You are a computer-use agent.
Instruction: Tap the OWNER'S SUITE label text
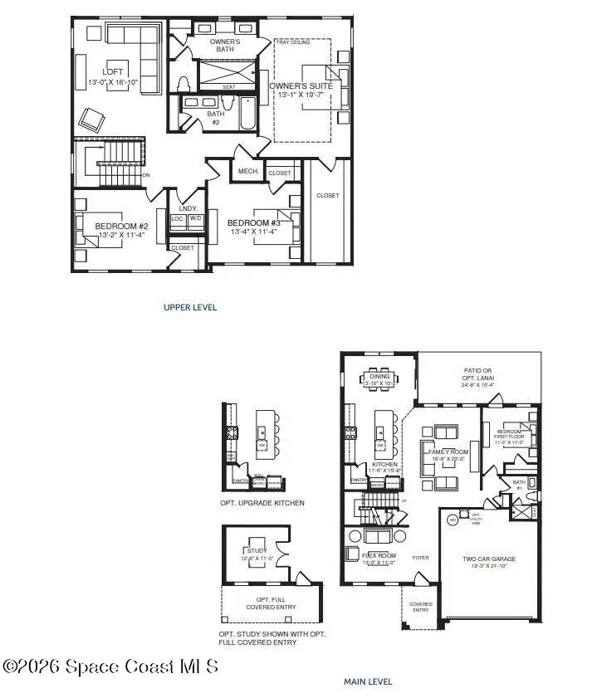coord(300,85)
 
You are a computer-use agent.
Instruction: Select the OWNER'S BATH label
coord(224,45)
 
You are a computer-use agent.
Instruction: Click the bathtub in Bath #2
coord(247,115)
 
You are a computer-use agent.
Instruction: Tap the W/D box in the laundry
coord(196,219)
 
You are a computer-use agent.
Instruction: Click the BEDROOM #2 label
coord(120,227)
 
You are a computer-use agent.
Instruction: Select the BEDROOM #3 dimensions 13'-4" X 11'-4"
coord(253,232)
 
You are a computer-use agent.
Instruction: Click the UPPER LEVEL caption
coord(190,307)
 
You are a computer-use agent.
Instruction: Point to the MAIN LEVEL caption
coord(369,681)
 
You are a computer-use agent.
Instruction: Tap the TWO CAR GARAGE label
coord(489,559)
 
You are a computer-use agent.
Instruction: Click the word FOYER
coord(421,558)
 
